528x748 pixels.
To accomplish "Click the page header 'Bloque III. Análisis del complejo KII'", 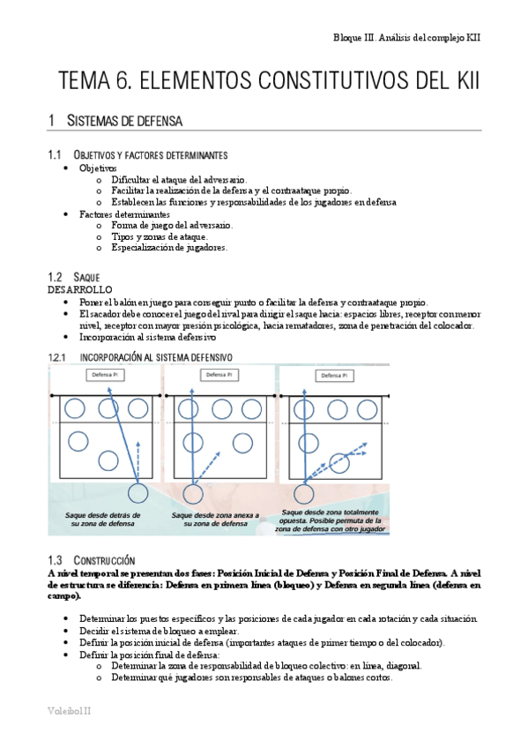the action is [406, 38].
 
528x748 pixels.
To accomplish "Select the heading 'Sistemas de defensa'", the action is [124, 120].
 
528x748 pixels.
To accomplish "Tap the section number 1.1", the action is [55, 154].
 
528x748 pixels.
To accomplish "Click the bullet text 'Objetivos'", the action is [98, 168].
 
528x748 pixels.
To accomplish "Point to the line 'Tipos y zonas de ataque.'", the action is [160, 236].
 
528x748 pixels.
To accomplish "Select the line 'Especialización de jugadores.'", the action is [169, 248].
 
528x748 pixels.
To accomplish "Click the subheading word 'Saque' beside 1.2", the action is [86, 277].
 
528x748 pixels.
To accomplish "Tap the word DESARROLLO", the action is [80, 289].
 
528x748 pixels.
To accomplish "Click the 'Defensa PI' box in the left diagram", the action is [105, 375].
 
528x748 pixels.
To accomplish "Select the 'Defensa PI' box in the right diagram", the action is [335, 376].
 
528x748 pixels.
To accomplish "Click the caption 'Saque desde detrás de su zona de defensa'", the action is [103, 520].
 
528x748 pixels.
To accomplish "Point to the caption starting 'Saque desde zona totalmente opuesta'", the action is [331, 520].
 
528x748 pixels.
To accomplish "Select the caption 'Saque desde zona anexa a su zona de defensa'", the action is [215, 520].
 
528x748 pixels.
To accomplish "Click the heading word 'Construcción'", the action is [104, 560].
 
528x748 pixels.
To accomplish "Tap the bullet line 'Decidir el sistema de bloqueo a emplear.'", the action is [160, 631].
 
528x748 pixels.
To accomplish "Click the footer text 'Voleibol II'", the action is [69, 711].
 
